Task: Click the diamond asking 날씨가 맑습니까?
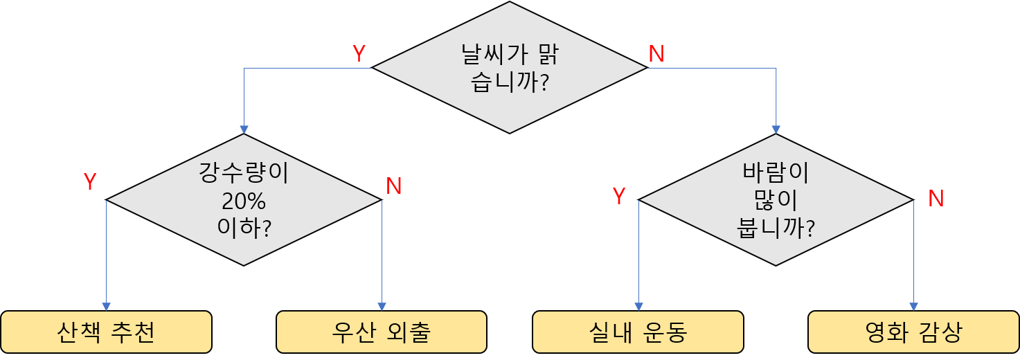(x=510, y=68)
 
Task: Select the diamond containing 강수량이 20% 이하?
(x=244, y=200)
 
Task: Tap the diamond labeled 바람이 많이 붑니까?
(x=776, y=200)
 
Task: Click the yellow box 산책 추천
(x=106, y=332)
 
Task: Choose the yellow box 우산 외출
(x=382, y=332)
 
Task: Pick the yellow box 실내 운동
(x=638, y=332)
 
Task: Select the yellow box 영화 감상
(x=913, y=332)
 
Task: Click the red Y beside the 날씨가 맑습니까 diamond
(x=359, y=54)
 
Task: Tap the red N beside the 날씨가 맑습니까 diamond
(x=656, y=54)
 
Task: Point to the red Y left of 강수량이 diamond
(x=89, y=181)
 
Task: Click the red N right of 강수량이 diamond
(x=394, y=186)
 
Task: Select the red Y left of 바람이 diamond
(x=619, y=197)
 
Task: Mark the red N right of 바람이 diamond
(x=936, y=199)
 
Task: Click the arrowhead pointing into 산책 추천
(x=106, y=307)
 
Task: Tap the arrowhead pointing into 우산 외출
(x=382, y=307)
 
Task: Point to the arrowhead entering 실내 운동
(x=638, y=307)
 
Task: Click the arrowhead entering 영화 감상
(x=913, y=307)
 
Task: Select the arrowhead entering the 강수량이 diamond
(x=244, y=129)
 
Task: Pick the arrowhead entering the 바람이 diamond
(x=776, y=129)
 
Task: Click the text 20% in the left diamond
(x=244, y=201)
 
